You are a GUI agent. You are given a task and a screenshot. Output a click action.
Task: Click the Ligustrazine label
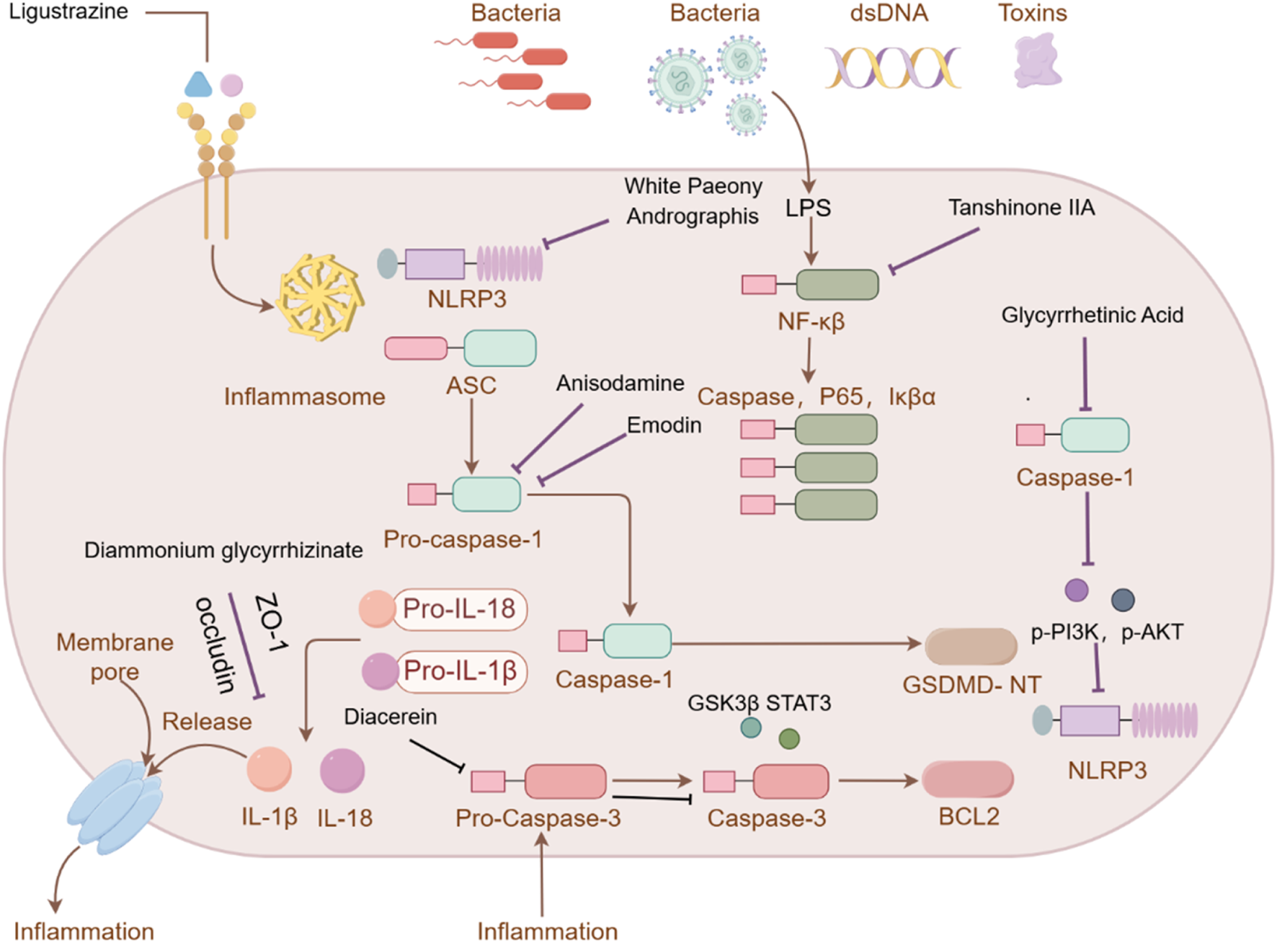click(68, 12)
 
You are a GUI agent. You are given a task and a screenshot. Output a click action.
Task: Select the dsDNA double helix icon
click(892, 68)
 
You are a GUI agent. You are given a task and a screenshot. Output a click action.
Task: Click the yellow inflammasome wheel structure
click(321, 296)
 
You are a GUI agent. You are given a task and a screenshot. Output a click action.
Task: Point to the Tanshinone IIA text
click(1021, 208)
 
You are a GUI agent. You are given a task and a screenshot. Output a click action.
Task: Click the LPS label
click(808, 208)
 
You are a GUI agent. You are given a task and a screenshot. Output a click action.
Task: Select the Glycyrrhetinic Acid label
click(1092, 315)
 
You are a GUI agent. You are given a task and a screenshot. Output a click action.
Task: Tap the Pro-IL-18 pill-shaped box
click(459, 609)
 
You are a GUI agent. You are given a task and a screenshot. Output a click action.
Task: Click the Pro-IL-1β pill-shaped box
click(460, 671)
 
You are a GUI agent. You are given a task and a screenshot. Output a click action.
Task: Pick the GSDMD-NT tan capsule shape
click(970, 647)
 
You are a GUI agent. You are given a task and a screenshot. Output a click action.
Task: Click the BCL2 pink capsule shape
click(968, 779)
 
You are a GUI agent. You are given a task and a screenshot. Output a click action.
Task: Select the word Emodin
click(664, 425)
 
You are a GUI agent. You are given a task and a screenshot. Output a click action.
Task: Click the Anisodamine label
click(620, 384)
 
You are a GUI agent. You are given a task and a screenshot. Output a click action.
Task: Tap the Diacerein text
click(391, 717)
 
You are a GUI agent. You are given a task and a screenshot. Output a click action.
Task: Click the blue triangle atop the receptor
click(198, 86)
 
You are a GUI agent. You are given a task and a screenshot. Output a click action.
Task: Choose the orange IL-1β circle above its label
click(270, 769)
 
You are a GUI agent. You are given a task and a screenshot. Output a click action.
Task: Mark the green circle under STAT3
click(789, 739)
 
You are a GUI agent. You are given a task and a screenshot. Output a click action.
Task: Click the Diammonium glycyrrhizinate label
click(223, 551)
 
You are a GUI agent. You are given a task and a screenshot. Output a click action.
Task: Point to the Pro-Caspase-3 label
click(538, 818)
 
